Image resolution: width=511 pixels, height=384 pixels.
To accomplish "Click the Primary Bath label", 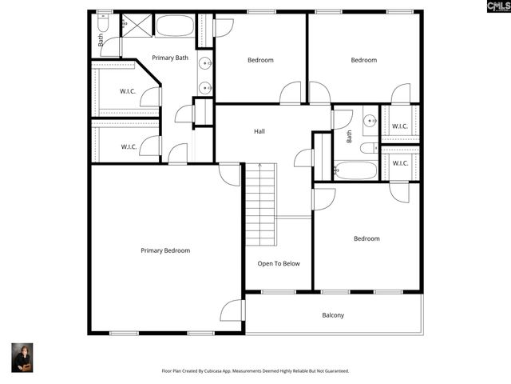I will [170, 58].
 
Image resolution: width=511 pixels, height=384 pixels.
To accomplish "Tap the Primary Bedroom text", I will [165, 250].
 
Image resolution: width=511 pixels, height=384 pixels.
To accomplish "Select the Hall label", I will [259, 131].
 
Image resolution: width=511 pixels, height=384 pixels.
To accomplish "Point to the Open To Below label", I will [279, 263].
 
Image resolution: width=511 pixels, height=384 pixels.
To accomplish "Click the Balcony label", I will [333, 315].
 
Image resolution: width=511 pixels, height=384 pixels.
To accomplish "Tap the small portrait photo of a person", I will [22, 358].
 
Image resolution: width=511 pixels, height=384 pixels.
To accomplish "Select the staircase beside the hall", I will [260, 205].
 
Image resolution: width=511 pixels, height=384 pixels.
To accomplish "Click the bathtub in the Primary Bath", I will [175, 26].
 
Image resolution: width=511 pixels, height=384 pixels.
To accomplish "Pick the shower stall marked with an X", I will [136, 26].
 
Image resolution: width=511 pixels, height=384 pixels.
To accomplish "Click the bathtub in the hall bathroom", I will [355, 170].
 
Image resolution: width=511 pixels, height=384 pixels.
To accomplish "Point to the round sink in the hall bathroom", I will [370, 122].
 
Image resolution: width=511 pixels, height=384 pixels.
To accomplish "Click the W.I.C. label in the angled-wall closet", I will [128, 91].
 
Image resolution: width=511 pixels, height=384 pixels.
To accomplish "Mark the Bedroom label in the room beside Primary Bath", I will [260, 60].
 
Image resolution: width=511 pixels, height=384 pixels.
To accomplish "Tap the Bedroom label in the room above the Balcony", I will [366, 238].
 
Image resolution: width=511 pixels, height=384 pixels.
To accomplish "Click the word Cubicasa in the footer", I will [227, 371].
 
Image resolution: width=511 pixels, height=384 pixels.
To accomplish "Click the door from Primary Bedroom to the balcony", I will [232, 310].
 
